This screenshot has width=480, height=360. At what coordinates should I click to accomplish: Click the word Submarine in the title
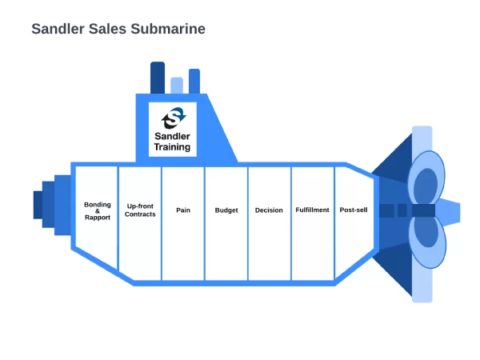168,29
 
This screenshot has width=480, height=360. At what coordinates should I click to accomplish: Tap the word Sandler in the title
58,29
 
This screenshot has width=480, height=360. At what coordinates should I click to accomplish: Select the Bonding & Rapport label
98,210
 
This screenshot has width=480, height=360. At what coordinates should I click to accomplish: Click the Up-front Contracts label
140,210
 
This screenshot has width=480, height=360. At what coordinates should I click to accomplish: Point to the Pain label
183,210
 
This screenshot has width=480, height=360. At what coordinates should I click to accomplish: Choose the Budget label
226,210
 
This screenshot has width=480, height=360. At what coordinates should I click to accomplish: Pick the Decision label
269,210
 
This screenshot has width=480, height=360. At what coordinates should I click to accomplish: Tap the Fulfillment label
312,210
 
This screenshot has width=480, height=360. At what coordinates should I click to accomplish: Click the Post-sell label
354,210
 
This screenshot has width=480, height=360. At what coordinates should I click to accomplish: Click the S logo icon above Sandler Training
174,118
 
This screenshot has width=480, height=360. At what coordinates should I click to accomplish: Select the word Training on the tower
172,147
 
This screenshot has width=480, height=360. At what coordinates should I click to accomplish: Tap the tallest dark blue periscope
158,78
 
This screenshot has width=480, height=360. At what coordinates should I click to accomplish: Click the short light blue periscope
177,86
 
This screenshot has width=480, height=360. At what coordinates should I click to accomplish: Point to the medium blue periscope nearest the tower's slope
194,82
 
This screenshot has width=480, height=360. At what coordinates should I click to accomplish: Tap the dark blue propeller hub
423,210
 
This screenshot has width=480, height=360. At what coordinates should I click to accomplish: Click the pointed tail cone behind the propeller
448,212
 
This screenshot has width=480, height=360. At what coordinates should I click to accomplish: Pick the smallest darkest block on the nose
38,205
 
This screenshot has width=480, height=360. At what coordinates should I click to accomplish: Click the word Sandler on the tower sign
172,136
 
